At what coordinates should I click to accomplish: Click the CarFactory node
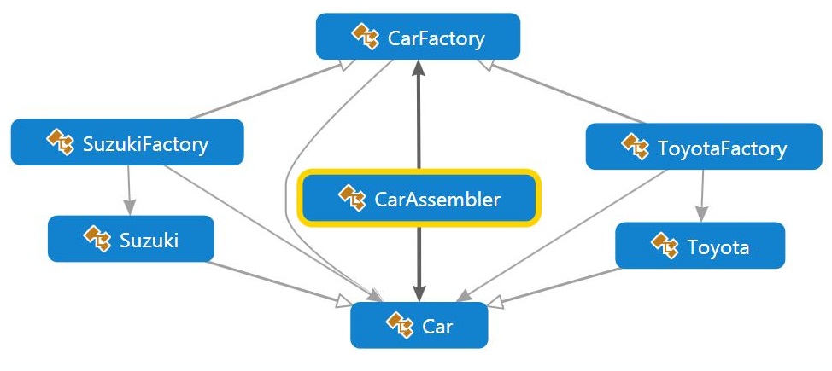pos(418,36)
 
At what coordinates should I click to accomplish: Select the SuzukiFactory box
pos(127,142)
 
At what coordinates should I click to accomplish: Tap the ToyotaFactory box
pos(704,147)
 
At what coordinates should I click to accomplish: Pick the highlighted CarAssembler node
pos(419,198)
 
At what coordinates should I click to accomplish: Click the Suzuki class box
pos(131,239)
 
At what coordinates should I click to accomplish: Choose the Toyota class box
pos(700,246)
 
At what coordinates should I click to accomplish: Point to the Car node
pos(419,325)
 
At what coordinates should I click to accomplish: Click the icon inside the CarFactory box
pos(365,37)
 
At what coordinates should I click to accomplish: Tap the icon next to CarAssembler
pos(352,198)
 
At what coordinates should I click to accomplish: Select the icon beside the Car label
pos(400,325)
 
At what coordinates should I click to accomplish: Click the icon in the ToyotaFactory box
pos(636,147)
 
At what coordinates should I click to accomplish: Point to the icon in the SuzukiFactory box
pos(60,142)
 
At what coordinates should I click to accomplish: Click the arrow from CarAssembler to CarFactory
pos(419,114)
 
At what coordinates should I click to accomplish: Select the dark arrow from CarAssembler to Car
pos(419,264)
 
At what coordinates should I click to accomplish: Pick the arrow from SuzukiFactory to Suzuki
pos(129,190)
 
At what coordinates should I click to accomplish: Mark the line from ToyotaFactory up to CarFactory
pos(561,91)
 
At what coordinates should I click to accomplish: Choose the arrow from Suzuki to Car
pos(279,283)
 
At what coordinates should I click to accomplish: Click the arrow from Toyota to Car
pos(553,287)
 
